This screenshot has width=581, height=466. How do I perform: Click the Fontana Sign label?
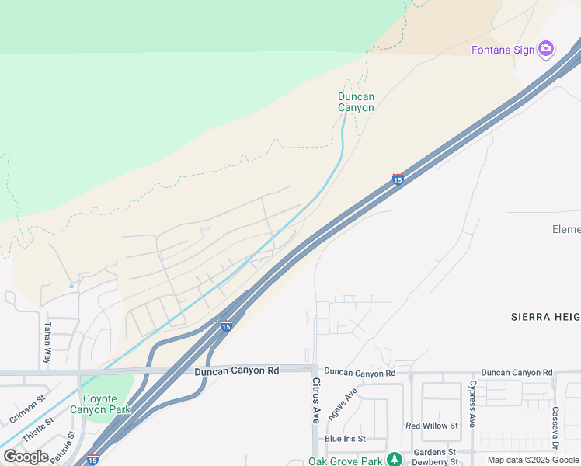(503, 50)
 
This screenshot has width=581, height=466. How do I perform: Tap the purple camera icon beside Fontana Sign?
(546, 49)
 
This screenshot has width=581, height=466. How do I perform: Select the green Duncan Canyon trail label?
(356, 102)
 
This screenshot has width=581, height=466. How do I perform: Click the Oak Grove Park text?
(346, 461)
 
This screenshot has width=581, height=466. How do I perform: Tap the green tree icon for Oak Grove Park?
(395, 459)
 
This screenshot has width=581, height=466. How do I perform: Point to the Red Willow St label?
(432, 426)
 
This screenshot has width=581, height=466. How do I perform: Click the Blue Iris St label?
(346, 439)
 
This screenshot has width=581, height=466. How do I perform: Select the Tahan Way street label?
(47, 343)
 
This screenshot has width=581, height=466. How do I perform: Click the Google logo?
(26, 457)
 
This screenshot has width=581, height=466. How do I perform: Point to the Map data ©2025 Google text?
(533, 460)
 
